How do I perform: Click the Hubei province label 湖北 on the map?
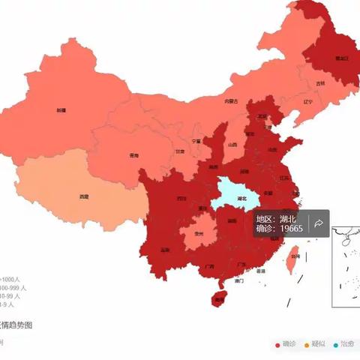[241, 199]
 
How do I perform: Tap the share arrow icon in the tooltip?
[319, 223]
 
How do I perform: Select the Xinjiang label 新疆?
[61, 110]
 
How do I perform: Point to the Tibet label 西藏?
[84, 196]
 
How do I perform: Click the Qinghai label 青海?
[133, 156]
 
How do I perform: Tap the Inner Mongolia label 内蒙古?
[231, 101]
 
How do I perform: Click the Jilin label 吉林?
[321, 83]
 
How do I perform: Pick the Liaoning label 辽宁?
[307, 101]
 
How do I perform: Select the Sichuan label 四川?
[182, 199]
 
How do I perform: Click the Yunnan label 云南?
[166, 250]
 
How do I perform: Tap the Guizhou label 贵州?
[198, 233]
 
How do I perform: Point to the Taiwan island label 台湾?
[295, 256]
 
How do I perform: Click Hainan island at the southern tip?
[219, 298]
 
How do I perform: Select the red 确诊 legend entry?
[288, 344]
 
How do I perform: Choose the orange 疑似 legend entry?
[316, 344]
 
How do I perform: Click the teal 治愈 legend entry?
[343, 344]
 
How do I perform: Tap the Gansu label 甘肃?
[180, 151]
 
